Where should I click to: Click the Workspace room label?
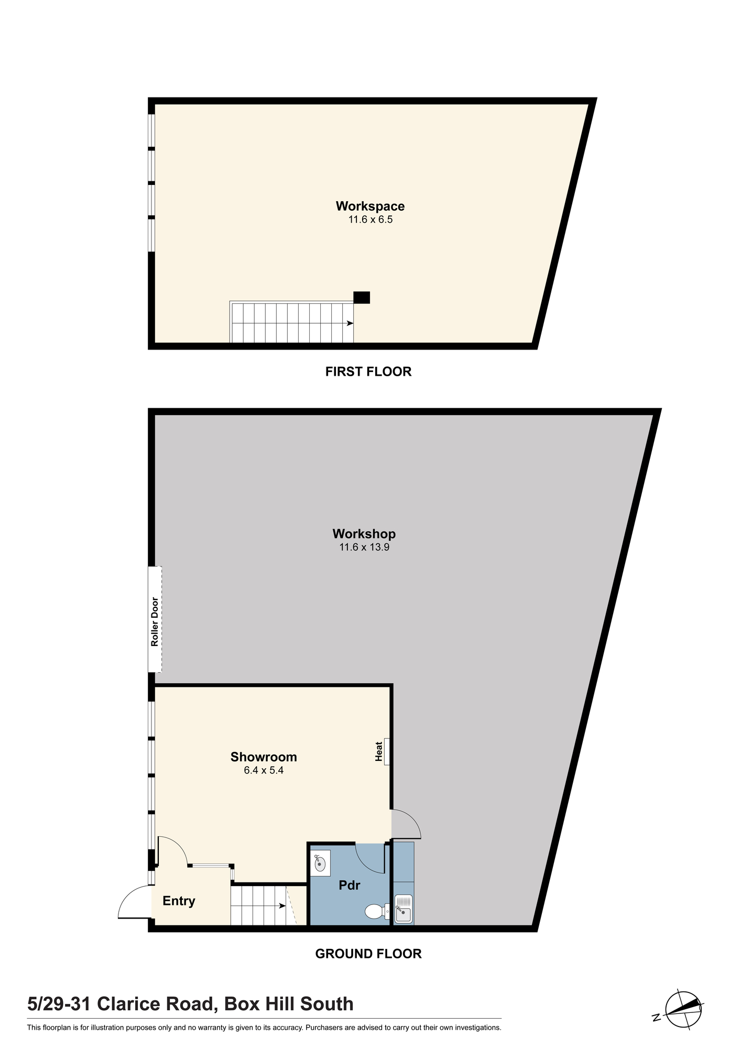pyautogui.click(x=370, y=206)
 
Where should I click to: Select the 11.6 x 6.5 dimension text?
pyautogui.click(x=371, y=220)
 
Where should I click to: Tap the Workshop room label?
pyautogui.click(x=364, y=534)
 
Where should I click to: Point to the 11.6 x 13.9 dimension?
pyautogui.click(x=364, y=548)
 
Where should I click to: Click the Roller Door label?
pyautogui.click(x=155, y=621)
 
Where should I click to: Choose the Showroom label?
pyautogui.click(x=264, y=757)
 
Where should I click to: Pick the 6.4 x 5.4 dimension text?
pyautogui.click(x=264, y=770)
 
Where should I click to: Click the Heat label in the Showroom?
pyautogui.click(x=379, y=751)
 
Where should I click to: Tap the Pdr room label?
pyautogui.click(x=350, y=885)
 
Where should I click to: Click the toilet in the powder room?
pyautogui.click(x=377, y=911)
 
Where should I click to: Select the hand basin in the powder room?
pyautogui.click(x=320, y=863)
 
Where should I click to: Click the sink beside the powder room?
pyautogui.click(x=404, y=908)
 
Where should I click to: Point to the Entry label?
pyautogui.click(x=179, y=901)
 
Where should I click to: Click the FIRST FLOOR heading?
pyautogui.click(x=368, y=372)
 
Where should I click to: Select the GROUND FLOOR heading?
pyautogui.click(x=368, y=954)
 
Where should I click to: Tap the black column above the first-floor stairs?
pyautogui.click(x=362, y=298)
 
